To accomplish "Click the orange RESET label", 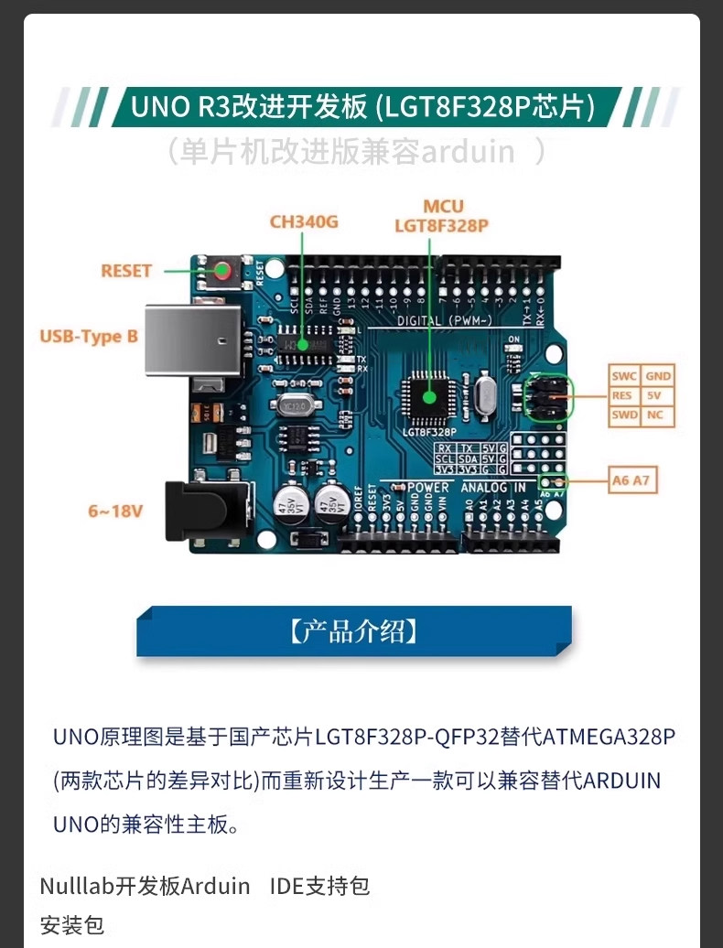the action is pyautogui.click(x=126, y=271).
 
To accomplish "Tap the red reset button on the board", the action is pyautogui.click(x=223, y=270).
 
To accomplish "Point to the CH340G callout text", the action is pyautogui.click(x=304, y=221).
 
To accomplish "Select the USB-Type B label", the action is pyautogui.click(x=89, y=337).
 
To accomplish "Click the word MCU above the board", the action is pyautogui.click(x=443, y=207).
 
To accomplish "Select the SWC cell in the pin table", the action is pyautogui.click(x=624, y=376).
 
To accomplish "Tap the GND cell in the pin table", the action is pyautogui.click(x=657, y=376).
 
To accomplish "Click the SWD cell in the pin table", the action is pyautogui.click(x=624, y=416).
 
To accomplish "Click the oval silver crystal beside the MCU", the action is pyautogui.click(x=484, y=395).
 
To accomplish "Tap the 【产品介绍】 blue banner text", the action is pyautogui.click(x=354, y=631).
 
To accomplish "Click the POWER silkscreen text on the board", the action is pyautogui.click(x=428, y=488).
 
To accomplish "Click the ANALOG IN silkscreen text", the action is pyautogui.click(x=493, y=488).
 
